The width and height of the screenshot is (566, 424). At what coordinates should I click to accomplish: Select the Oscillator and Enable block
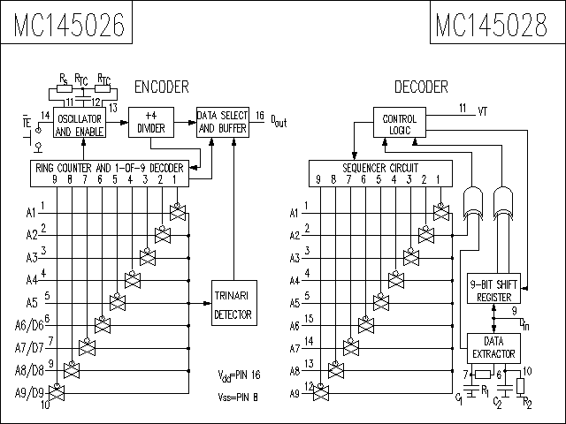(80, 125)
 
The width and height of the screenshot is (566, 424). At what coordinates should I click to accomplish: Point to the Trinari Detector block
(233, 304)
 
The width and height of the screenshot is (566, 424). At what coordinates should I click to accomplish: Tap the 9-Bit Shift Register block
(493, 289)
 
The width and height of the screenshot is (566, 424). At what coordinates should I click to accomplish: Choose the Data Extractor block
(493, 347)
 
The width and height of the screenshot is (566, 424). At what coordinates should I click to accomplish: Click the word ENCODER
(161, 87)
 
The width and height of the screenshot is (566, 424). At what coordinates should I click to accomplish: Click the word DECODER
(421, 87)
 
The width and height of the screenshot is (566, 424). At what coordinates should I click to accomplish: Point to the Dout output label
(279, 121)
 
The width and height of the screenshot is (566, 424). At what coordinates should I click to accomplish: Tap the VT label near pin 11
(482, 111)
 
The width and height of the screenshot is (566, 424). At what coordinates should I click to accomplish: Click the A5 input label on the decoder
(295, 303)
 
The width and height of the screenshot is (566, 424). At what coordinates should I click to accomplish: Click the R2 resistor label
(527, 403)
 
